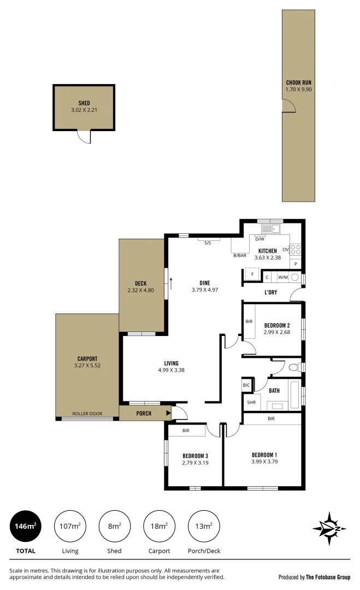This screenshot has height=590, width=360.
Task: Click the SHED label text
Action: [84, 103]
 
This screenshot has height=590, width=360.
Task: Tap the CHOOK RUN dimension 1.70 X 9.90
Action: [298, 89]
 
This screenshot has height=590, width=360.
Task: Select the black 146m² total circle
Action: [25, 526]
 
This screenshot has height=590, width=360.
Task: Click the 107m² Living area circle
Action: [70, 526]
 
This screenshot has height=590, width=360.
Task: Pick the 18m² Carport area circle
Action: [159, 526]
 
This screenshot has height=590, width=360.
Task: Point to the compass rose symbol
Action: [329, 528]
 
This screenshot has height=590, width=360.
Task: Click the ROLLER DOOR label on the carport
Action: [87, 414]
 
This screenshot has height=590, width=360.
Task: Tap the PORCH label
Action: [144, 414]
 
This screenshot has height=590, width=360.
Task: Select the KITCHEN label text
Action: [267, 251]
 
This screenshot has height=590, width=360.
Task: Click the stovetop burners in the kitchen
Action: [296, 250]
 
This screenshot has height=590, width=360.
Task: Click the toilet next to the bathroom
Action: [293, 367]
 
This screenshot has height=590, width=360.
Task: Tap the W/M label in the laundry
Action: [282, 278]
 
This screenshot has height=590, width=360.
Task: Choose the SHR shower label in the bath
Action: [251, 403]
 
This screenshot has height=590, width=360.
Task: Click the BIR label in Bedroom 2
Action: [249, 322]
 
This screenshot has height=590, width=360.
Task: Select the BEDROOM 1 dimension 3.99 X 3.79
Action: [264, 462]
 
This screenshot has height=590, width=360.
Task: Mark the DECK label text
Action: [140, 283]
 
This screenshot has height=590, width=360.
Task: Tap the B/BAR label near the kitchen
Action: [239, 256]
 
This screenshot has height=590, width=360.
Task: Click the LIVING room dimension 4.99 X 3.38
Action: [171, 370]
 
